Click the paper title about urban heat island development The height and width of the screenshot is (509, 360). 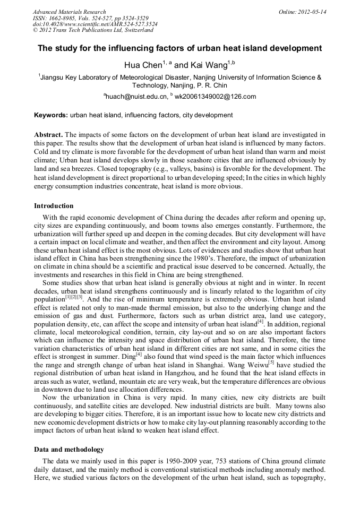pyautogui.click(x=179, y=48)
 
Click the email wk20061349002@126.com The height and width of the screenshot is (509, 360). pyautogui.click(x=208, y=97)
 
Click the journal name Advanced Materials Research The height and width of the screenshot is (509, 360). pyautogui.click(x=69, y=12)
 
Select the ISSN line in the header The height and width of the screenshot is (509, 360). pyautogui.click(x=85, y=18)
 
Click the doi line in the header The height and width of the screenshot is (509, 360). pyautogui.click(x=95, y=24)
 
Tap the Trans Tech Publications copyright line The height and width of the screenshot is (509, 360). pyautogui.click(x=93, y=30)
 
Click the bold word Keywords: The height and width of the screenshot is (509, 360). pyautogui.click(x=51, y=115)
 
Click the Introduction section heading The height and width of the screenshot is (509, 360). pyautogui.click(x=54, y=205)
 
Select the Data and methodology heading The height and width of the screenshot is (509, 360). pyautogui.click(x=68, y=449)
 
